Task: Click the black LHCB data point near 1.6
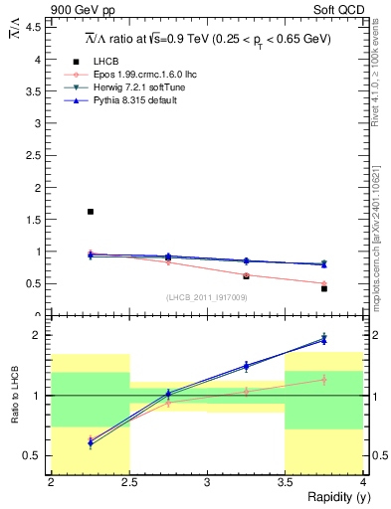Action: (x=91, y=212)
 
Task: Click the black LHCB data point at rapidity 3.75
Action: (x=324, y=288)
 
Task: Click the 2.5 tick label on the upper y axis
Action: (x=36, y=155)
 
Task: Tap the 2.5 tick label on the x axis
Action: (x=129, y=482)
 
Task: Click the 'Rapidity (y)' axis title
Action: (x=333, y=497)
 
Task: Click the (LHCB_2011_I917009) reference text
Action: (x=207, y=297)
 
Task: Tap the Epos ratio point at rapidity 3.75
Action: (x=324, y=379)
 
